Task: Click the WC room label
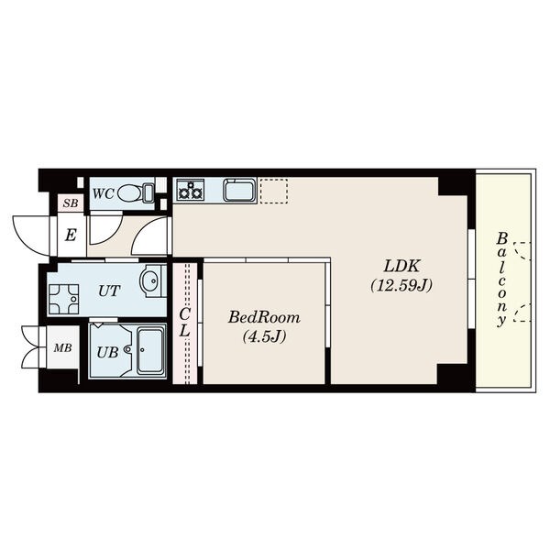(x=104, y=193)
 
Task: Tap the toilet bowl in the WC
(x=129, y=193)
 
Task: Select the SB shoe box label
(x=71, y=203)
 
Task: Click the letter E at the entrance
(x=71, y=235)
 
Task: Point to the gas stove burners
(x=191, y=190)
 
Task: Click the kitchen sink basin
(x=239, y=191)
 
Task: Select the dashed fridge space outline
(x=274, y=192)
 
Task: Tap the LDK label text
(x=402, y=266)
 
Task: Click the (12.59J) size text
(x=402, y=285)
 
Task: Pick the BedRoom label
(x=264, y=317)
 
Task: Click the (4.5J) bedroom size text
(x=264, y=336)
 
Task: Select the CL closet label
(x=184, y=323)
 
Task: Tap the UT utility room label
(x=109, y=291)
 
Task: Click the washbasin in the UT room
(x=151, y=280)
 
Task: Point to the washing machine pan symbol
(x=64, y=299)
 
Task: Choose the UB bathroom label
(x=107, y=352)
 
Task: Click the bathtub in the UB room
(x=151, y=351)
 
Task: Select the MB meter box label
(x=62, y=347)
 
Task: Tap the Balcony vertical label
(x=502, y=280)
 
